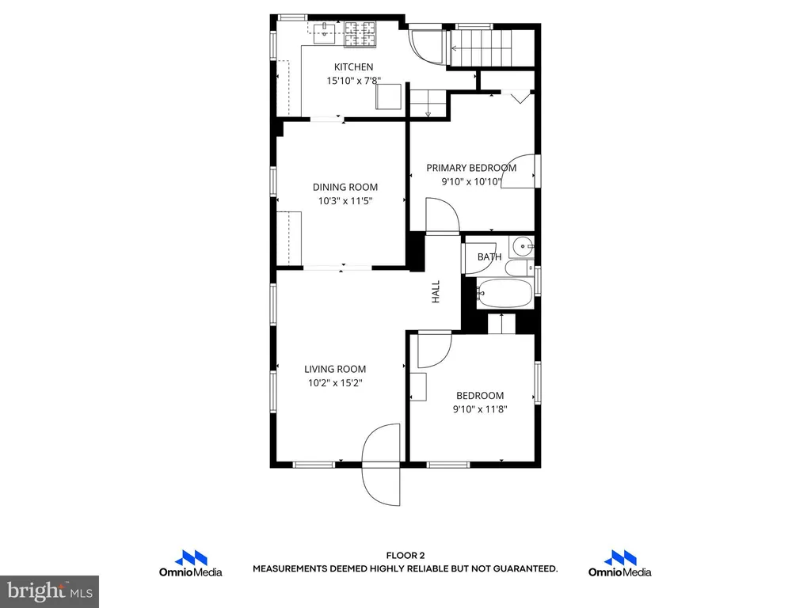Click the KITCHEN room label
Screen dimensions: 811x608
coord(353,66)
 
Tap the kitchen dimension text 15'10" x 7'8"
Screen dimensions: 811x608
coord(354,81)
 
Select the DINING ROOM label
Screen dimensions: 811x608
coord(345,187)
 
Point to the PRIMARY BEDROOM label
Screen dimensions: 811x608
coord(471,168)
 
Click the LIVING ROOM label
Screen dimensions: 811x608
coord(335,369)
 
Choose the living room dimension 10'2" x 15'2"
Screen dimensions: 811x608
coord(335,383)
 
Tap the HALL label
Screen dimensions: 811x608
coord(436,291)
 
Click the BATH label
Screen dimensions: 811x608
coord(489,256)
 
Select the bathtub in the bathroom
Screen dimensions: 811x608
coord(504,294)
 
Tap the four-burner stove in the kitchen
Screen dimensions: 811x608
coord(360,34)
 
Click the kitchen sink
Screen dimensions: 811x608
coord(325,29)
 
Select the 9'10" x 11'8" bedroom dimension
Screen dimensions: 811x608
coord(480,409)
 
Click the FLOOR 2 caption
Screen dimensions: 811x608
coord(405,556)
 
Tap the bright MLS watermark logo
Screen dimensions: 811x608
coord(49,591)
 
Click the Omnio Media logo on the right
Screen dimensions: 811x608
coord(619,564)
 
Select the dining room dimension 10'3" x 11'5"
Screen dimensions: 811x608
coord(345,201)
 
